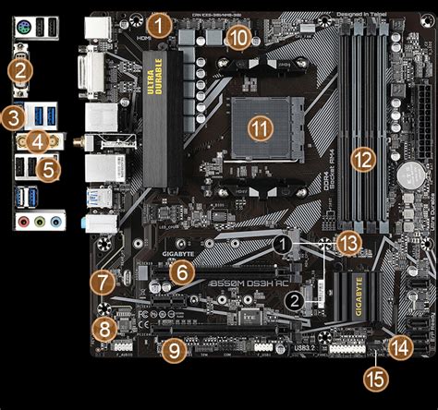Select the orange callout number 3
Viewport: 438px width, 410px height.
point(12,118)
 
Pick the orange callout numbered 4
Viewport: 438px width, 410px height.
point(37,141)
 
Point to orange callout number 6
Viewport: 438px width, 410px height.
point(183,271)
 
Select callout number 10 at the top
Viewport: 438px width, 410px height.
point(238,37)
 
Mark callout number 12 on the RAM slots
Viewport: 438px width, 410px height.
point(363,158)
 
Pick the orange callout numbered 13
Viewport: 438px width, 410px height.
point(347,242)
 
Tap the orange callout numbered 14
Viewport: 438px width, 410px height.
point(400,348)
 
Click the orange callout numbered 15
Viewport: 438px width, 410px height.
point(374,377)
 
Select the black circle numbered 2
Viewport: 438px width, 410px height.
point(295,299)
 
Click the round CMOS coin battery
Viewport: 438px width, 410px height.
point(408,174)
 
